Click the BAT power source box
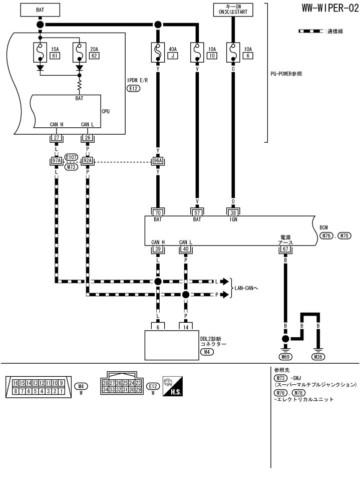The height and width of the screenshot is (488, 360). pyautogui.click(x=40, y=9)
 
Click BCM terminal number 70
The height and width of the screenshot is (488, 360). pyautogui.click(x=158, y=211)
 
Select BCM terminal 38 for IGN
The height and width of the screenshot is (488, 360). pyautogui.click(x=233, y=211)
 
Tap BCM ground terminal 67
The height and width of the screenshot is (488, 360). pyautogui.click(x=285, y=249)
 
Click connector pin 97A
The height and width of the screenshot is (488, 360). pyautogui.click(x=56, y=161)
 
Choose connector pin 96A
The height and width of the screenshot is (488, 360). pyautogui.click(x=158, y=161)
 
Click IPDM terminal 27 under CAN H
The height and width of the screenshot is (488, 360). pyautogui.click(x=56, y=138)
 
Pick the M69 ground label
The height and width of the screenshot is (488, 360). pyautogui.click(x=285, y=357)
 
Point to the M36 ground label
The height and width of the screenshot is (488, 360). pyautogui.click(x=318, y=357)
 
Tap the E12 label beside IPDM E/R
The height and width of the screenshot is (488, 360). pyautogui.click(x=133, y=88)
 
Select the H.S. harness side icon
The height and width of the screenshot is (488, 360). pyautogui.click(x=173, y=387)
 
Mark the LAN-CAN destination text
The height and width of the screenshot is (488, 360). pyautogui.click(x=247, y=288)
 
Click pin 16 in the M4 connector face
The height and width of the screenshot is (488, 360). pyautogui.click(x=16, y=383)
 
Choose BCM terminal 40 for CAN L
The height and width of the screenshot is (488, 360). pyautogui.click(x=185, y=249)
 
